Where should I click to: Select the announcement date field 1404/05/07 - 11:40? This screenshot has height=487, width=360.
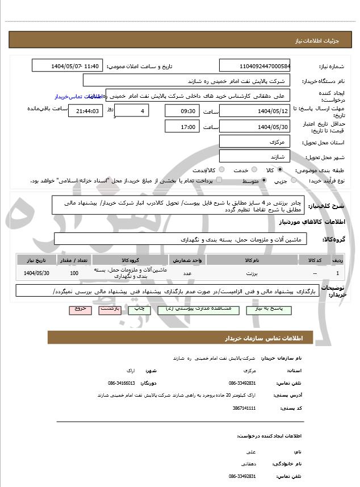pyautogui.click(x=68, y=66)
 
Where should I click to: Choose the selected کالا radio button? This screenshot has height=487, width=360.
pyautogui.click(x=280, y=170)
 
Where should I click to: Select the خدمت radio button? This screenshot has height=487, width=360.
pyautogui.click(x=254, y=170)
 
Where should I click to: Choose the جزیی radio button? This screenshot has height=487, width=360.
pyautogui.click(x=294, y=181)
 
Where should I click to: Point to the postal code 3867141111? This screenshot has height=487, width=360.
pyautogui.click(x=244, y=408)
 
